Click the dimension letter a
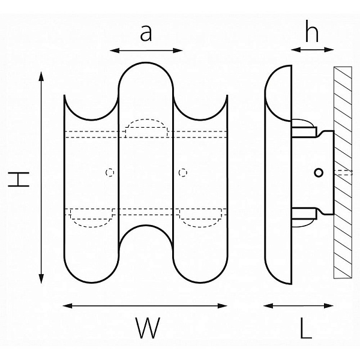point(146,33)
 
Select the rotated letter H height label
point(19,179)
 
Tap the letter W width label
point(148,328)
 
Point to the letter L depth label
point(306,328)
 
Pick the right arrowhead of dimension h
point(329,50)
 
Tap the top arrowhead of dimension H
point(41,76)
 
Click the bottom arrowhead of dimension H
point(41,279)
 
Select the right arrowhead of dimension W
point(222,306)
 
